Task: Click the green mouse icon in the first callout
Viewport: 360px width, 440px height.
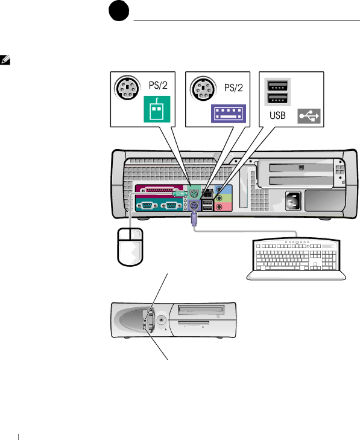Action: point(157,109)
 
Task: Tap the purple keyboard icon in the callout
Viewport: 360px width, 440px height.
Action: point(229,113)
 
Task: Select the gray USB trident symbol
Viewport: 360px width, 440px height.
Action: point(309,116)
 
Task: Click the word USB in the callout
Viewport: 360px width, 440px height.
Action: point(277,115)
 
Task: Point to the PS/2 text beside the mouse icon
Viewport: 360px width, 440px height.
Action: point(158,85)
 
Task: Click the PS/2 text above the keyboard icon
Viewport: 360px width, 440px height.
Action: point(233,88)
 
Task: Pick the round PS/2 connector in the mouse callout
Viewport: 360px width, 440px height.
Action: point(127,88)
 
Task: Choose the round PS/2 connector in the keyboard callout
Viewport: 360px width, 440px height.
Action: point(203,89)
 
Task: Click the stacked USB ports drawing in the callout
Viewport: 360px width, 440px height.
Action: point(277,92)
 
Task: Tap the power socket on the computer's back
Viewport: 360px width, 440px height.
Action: point(293,200)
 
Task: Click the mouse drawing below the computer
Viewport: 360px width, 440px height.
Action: point(130,247)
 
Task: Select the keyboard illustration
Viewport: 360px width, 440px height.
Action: point(296,259)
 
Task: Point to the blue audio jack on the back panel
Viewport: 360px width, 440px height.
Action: point(219,190)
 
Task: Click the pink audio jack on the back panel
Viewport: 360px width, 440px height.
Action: point(219,207)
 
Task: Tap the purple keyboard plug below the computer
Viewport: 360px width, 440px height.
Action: point(194,219)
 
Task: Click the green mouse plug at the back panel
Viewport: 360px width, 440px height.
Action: point(180,194)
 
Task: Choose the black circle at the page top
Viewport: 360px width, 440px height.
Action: point(119,11)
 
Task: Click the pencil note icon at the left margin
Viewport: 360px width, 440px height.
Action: point(5,60)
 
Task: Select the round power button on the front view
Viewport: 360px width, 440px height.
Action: point(161,320)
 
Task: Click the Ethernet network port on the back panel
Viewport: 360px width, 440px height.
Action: point(208,193)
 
